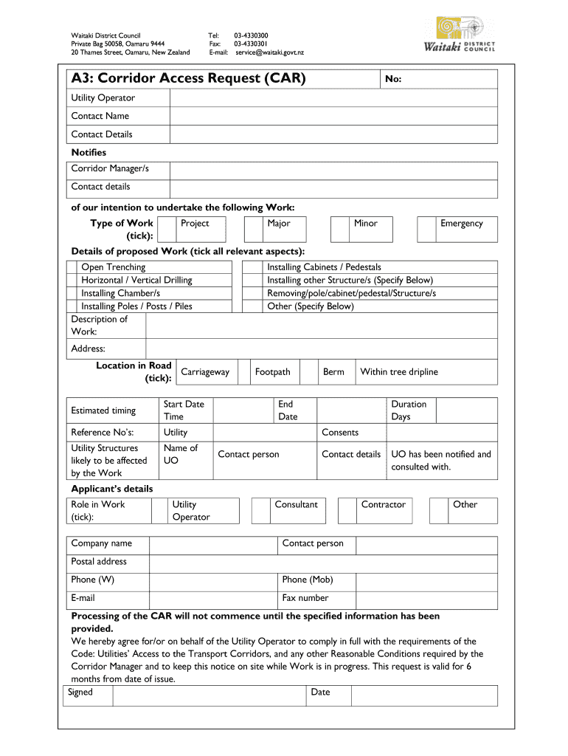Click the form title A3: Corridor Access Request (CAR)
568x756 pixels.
pos(188,78)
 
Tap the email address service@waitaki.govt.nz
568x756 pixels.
pos(269,52)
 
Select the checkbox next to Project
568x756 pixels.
pos(167,229)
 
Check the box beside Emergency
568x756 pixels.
pos(426,229)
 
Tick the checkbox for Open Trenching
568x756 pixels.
pos(73,267)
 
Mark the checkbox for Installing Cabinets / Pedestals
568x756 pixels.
pos(254,267)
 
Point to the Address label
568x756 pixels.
pos(88,348)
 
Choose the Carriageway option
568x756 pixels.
pos(205,372)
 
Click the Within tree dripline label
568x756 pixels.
pos(399,372)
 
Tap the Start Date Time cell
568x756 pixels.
pos(184,410)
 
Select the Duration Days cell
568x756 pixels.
pos(409,410)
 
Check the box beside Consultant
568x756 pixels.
pos(260,510)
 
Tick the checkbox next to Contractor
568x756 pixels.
pos(347,510)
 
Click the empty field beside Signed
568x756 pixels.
pos(209,695)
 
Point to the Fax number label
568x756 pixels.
pos(305,598)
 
